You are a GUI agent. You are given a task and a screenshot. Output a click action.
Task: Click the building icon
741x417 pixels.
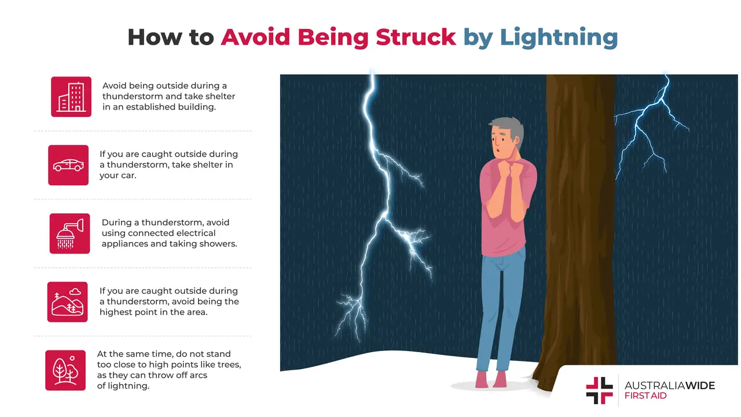click(71, 97)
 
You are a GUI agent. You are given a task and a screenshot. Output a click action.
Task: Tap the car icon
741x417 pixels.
click(68, 165)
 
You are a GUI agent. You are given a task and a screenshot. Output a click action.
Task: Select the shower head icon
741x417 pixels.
click(69, 233)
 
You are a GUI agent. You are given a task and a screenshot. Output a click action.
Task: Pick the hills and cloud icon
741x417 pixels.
click(67, 302)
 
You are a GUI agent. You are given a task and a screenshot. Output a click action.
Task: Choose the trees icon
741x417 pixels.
click(65, 370)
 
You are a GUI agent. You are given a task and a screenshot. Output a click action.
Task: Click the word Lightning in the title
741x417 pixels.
click(559, 37)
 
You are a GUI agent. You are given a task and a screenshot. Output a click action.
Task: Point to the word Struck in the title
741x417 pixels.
click(415, 37)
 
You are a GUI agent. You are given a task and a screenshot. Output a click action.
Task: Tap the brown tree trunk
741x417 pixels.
click(579, 232)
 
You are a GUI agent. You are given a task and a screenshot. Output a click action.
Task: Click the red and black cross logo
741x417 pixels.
click(599, 390)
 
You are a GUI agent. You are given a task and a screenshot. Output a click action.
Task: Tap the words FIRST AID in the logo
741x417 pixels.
click(645, 396)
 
